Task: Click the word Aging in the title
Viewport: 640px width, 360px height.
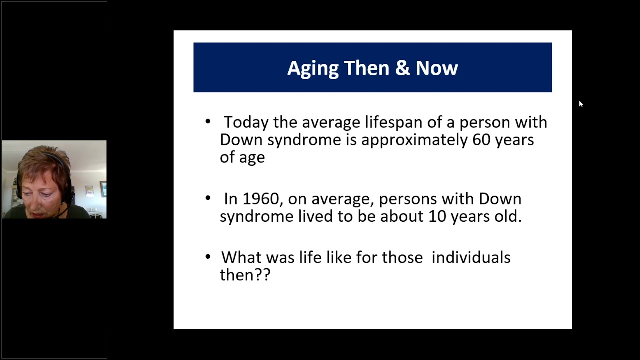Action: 313,68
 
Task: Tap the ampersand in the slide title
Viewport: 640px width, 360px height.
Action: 402,68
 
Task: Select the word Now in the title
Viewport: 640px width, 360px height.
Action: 437,68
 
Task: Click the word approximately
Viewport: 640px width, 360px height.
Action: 414,140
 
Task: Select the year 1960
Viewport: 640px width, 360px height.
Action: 261,199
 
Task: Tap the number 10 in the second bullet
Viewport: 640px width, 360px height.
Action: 437,216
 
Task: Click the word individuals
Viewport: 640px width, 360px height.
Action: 471,257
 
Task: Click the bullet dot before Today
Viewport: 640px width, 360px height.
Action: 208,121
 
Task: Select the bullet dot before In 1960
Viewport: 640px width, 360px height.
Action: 208,198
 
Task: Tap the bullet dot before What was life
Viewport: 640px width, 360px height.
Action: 208,257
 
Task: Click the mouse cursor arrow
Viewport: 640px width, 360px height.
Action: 581,104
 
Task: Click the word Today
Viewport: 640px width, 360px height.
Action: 246,123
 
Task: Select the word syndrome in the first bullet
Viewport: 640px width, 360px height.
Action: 304,141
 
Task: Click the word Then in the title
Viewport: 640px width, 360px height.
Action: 367,68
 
